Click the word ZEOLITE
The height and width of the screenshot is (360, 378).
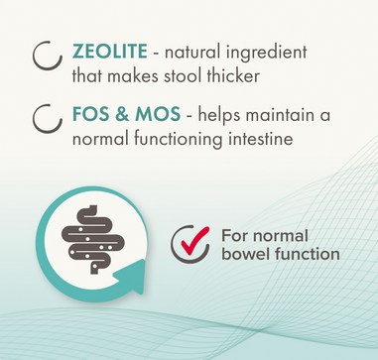109,52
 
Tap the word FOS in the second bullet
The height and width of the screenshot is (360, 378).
90,114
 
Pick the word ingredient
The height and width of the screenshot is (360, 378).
267,53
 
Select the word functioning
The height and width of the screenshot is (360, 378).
179,140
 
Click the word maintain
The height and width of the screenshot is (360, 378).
280,114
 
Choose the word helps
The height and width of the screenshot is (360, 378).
219,115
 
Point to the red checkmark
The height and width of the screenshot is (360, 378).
193,242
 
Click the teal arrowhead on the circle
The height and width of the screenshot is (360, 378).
132,276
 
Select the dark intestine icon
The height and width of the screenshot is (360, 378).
93,239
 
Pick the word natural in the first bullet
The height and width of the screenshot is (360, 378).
192,53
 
